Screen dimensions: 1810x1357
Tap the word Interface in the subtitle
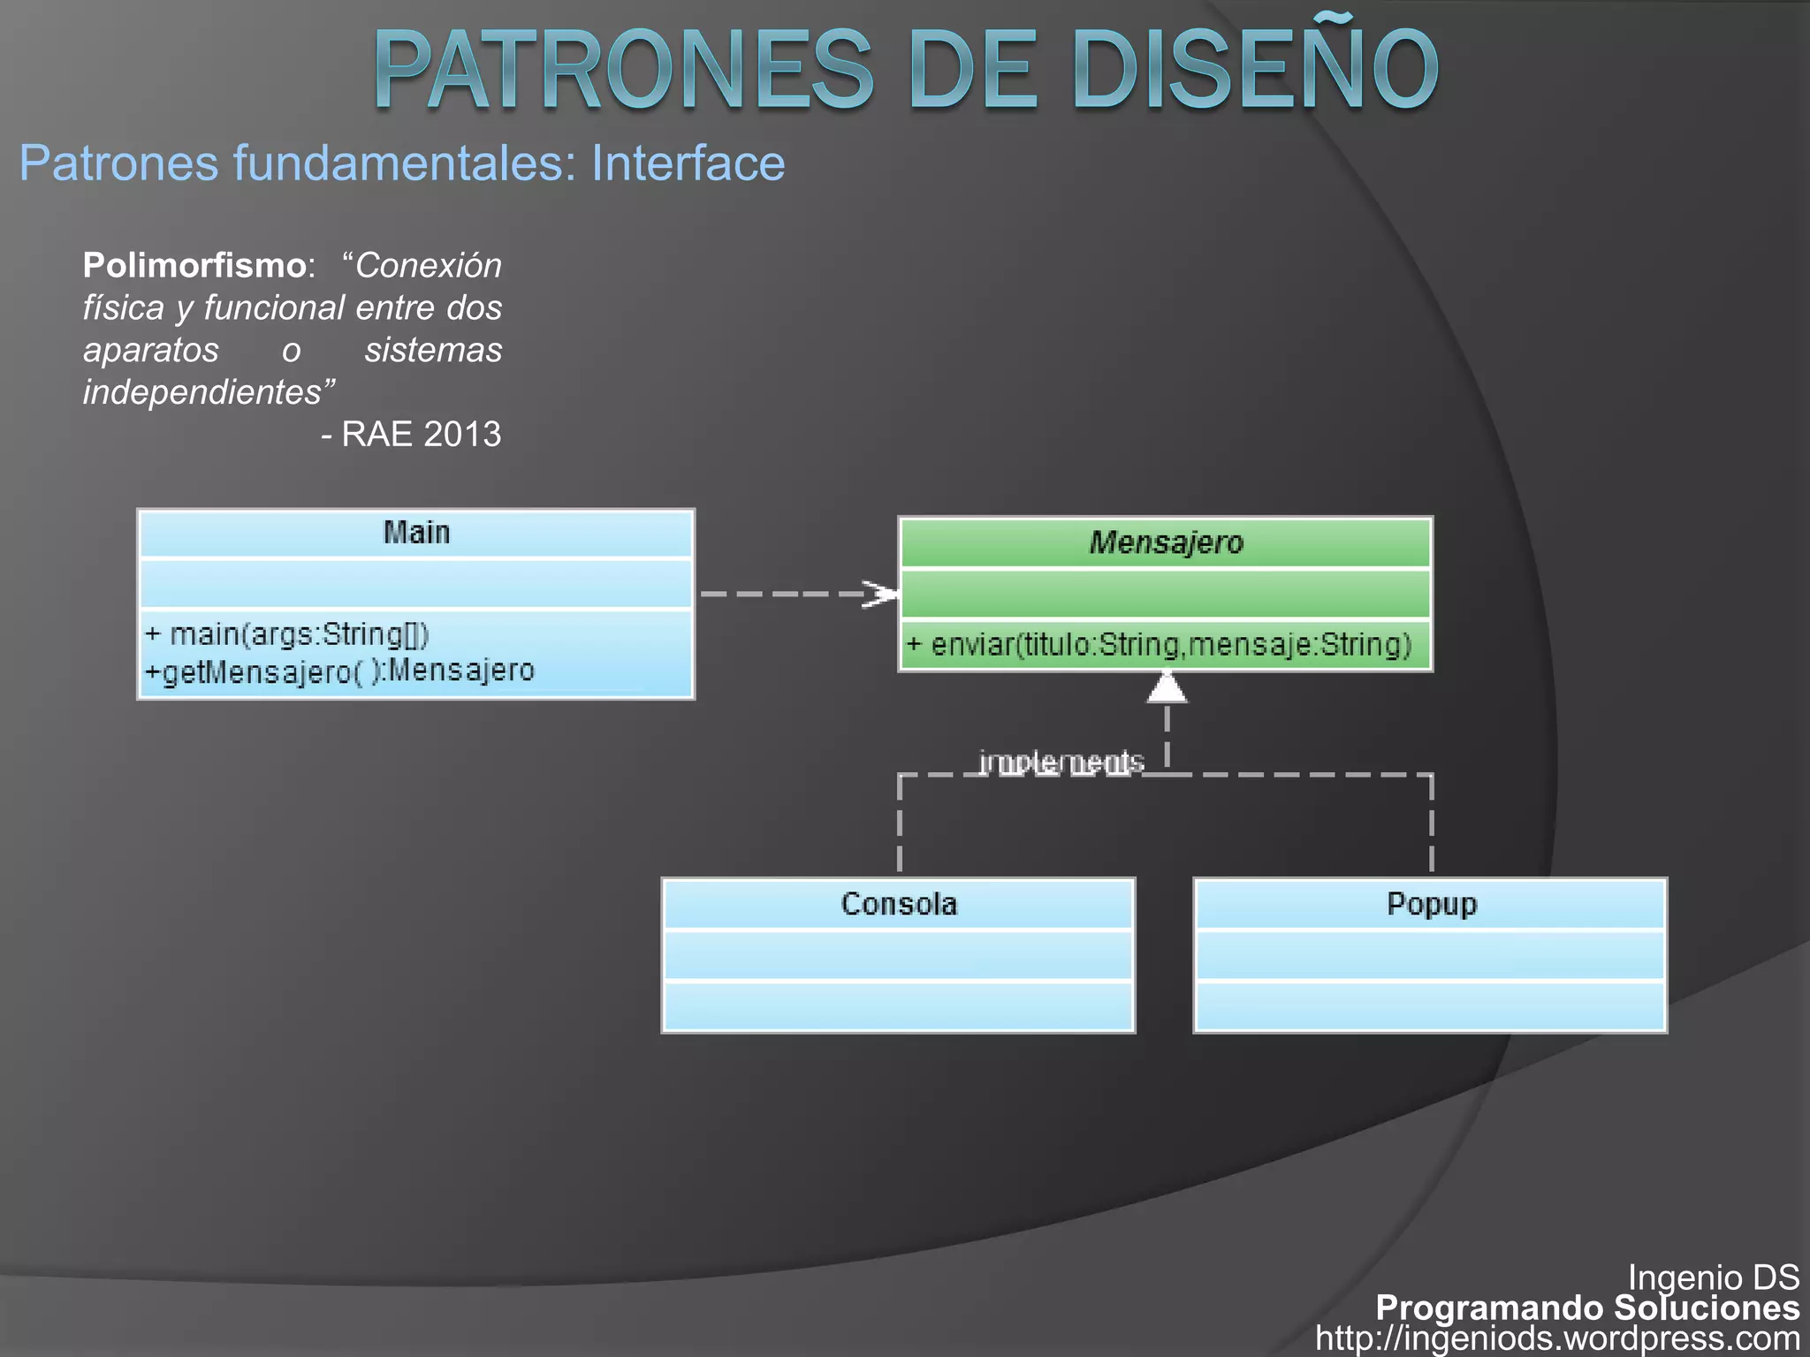coord(688,163)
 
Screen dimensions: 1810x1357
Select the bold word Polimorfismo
coord(194,265)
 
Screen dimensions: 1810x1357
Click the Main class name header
coord(416,533)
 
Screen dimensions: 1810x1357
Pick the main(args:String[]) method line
coord(287,633)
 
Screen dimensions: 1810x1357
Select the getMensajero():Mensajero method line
coord(340,671)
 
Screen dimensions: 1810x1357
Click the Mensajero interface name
coord(1166,542)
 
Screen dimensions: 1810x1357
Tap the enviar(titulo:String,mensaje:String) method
coord(1159,644)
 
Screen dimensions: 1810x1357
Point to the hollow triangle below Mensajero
coord(1167,687)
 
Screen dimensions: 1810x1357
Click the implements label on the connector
coord(1061,762)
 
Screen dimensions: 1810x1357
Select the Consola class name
coord(899,904)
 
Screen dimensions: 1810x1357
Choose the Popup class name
coord(1431,904)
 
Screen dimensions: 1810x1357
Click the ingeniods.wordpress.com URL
coord(1557,1338)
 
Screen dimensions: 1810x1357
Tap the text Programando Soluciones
coord(1587,1308)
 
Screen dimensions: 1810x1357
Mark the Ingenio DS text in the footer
coord(1713,1277)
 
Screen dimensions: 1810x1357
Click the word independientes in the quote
coord(209,391)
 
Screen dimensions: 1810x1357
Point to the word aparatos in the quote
coord(150,350)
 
